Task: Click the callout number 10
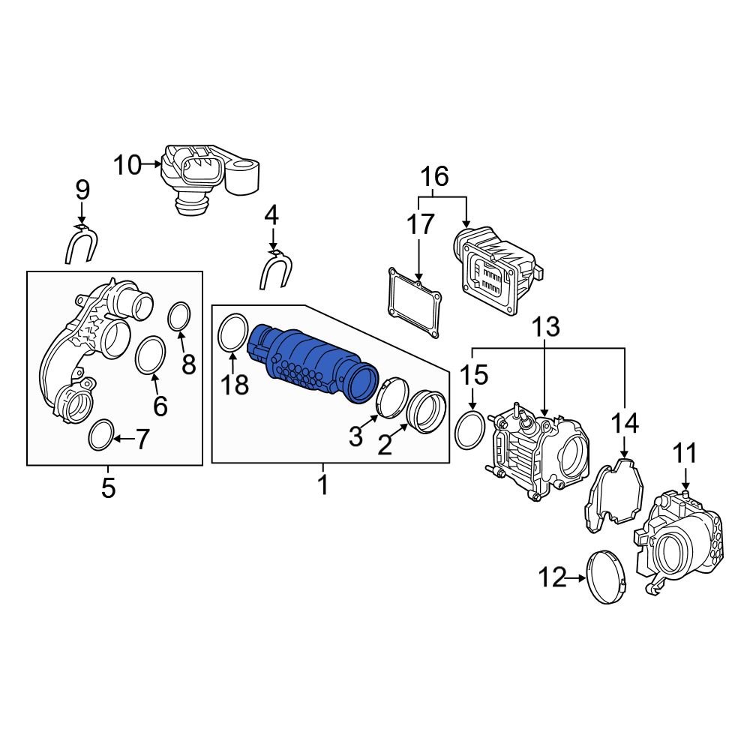click(x=127, y=164)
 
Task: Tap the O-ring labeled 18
click(x=233, y=333)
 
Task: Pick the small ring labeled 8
click(x=178, y=316)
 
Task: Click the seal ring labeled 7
click(x=100, y=436)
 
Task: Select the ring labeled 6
click(x=150, y=355)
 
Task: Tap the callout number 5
click(x=109, y=488)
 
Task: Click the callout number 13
click(x=547, y=327)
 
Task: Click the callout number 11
click(x=685, y=454)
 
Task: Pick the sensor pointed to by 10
click(x=210, y=178)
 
